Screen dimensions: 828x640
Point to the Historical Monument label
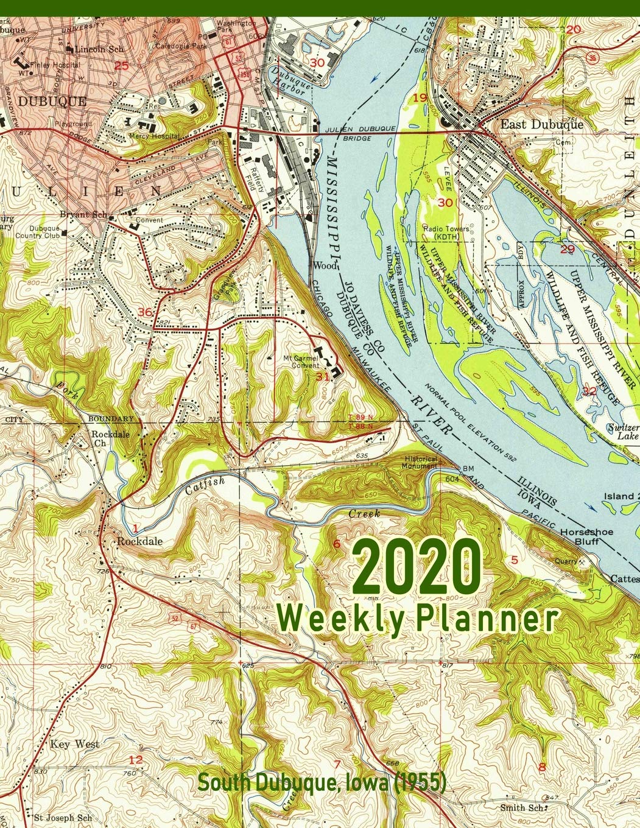419,462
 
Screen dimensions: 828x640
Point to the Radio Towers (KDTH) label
446,232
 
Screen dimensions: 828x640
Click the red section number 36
145,312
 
